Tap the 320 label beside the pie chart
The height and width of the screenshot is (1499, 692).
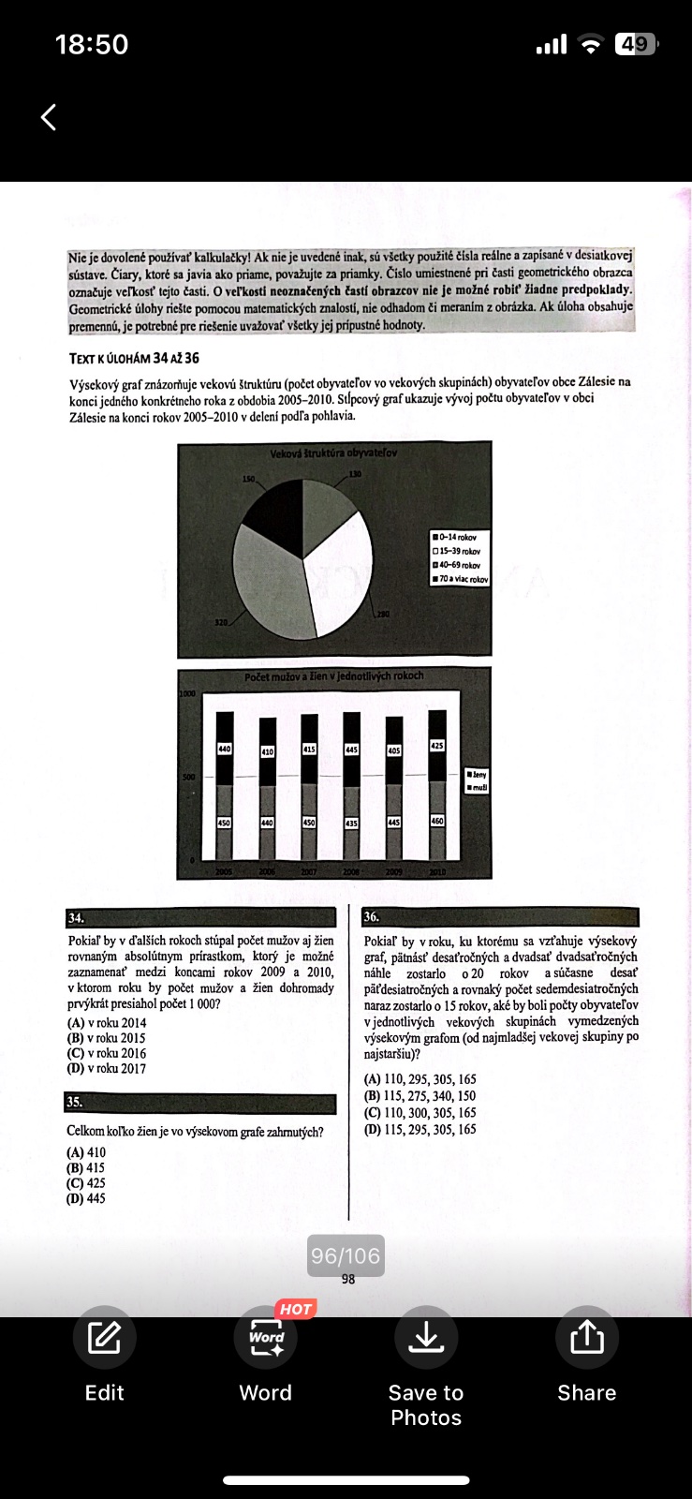(x=222, y=622)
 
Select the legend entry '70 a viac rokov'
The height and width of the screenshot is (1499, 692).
(x=461, y=579)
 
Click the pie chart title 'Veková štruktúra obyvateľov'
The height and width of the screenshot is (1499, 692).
(x=333, y=453)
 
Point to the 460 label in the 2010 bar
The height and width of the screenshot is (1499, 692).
(x=437, y=821)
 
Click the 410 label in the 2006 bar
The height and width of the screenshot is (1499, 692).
(x=267, y=751)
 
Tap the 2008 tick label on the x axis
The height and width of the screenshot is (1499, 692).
(x=351, y=871)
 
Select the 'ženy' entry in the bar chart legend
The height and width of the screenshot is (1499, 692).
(x=478, y=775)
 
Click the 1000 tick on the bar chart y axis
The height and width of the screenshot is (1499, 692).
(x=187, y=694)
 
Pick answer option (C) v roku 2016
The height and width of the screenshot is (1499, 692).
(x=107, y=1053)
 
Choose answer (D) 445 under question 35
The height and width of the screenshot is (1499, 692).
(x=86, y=1198)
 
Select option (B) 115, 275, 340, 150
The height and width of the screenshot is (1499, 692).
(x=420, y=1096)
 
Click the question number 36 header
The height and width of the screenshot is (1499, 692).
(x=372, y=917)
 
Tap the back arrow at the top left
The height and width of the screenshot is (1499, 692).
(x=49, y=117)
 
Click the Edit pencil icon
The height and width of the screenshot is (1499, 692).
(x=104, y=1337)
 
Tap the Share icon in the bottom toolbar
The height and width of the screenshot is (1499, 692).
(x=587, y=1337)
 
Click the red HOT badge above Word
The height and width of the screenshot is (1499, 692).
(x=295, y=1309)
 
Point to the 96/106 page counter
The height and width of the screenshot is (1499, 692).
(x=346, y=1256)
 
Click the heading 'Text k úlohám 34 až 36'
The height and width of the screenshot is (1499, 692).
(x=134, y=358)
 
